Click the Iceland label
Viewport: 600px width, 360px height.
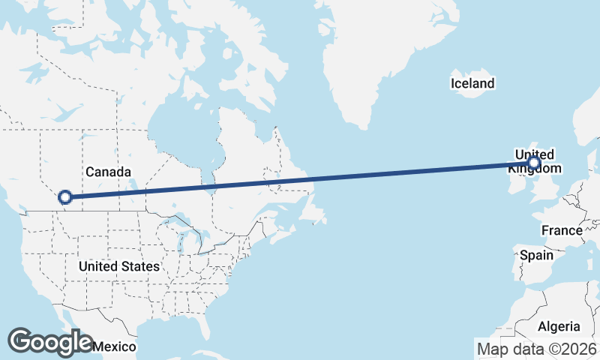click(472, 83)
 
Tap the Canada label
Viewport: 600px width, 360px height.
click(108, 172)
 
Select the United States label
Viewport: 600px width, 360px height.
click(118, 266)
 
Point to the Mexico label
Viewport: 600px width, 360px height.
click(115, 346)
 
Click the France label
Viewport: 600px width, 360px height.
click(562, 230)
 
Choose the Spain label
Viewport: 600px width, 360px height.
click(537, 255)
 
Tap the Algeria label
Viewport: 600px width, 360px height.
click(559, 326)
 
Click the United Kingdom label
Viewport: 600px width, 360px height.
click(534, 160)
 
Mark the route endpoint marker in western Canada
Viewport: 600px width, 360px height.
click(65, 197)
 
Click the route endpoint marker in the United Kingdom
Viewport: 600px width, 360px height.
click(534, 163)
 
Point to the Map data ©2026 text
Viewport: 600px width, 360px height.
click(536, 349)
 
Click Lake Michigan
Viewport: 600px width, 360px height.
click(181, 238)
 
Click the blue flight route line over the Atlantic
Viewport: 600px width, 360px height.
click(375, 175)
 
